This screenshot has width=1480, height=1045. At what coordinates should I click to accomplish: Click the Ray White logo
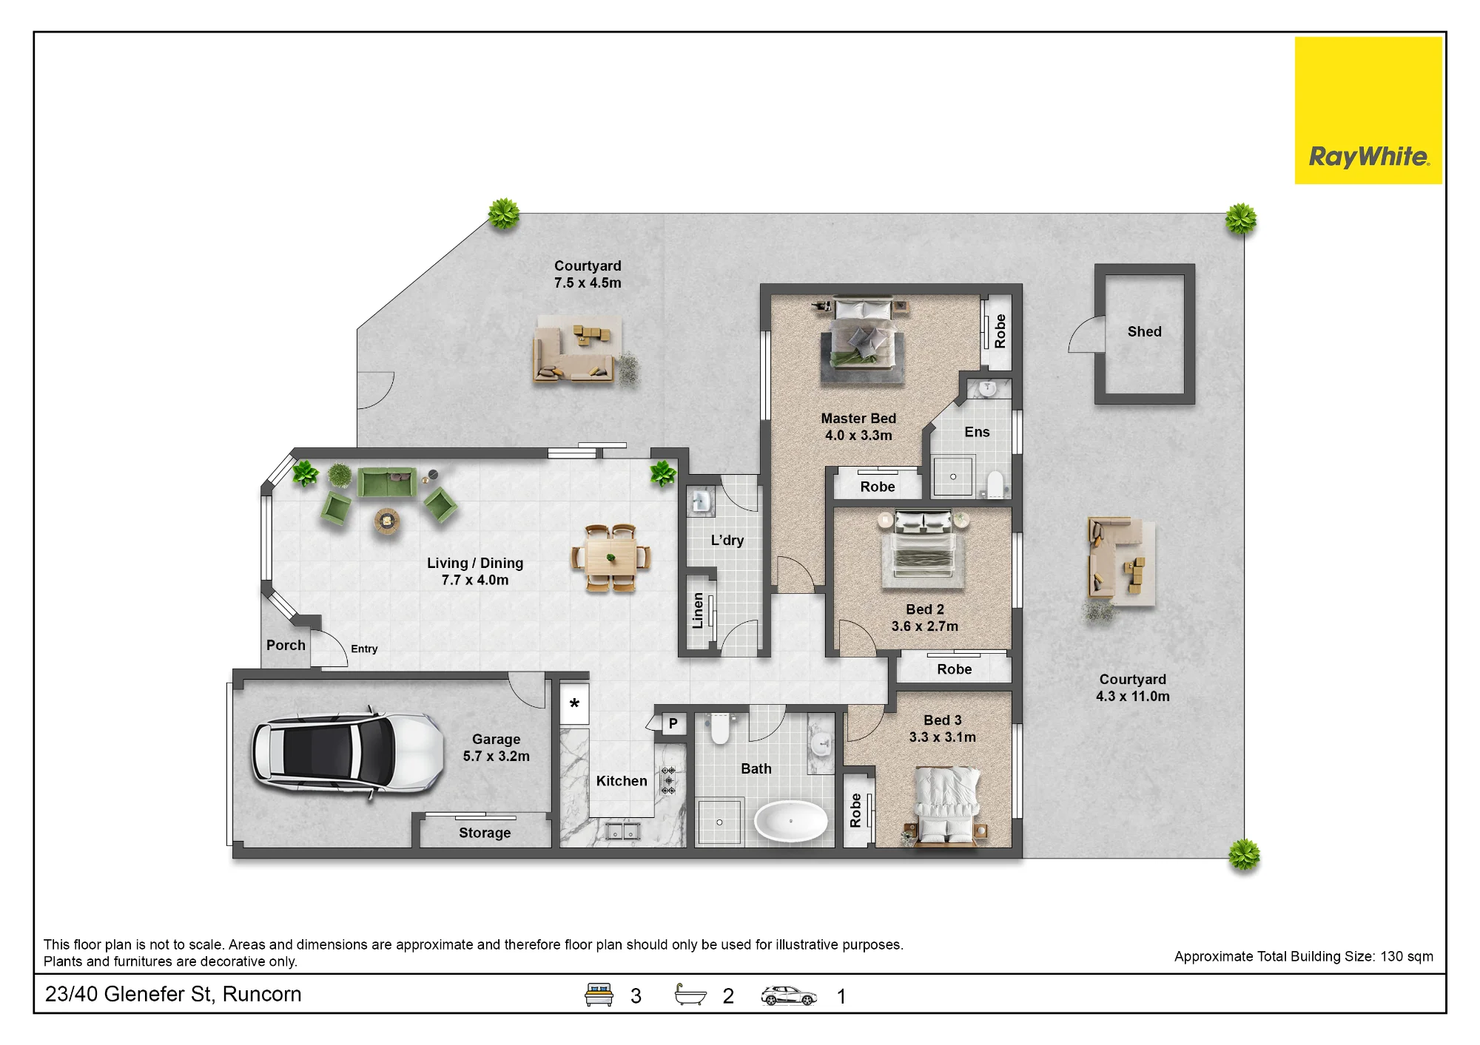pos(1368,110)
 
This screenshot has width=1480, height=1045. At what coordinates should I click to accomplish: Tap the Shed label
pos(1144,332)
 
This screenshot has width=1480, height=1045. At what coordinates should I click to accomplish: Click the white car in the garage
pos(347,754)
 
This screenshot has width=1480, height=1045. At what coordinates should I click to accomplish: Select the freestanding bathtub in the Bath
pos(791,822)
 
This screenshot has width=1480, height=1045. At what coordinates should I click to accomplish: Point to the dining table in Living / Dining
pos(610,558)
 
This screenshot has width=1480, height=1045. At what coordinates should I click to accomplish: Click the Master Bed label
pos(858,419)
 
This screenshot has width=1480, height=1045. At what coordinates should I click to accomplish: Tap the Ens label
pos(977,432)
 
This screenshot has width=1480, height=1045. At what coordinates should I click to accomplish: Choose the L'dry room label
pos(727,541)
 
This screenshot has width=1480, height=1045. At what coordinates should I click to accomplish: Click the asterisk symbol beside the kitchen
pos(574,704)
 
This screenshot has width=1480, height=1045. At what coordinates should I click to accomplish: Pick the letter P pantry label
pos(673,723)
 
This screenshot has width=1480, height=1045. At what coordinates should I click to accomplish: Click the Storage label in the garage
pos(485,833)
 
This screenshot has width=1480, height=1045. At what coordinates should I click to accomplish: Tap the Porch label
pos(286,645)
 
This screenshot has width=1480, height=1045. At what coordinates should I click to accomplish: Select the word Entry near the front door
pos(364,649)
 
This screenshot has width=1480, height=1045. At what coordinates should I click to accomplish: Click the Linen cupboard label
pos(698,610)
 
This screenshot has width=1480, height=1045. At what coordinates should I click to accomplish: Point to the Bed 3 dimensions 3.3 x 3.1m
pos(943,737)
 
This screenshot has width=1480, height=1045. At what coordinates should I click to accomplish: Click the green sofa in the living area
pos(386,483)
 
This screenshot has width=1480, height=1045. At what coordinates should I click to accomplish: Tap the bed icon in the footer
pos(599,995)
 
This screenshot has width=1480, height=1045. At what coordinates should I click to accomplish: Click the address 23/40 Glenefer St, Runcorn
pos(173,994)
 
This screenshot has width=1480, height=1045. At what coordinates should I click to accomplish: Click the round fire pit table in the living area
pos(386,521)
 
